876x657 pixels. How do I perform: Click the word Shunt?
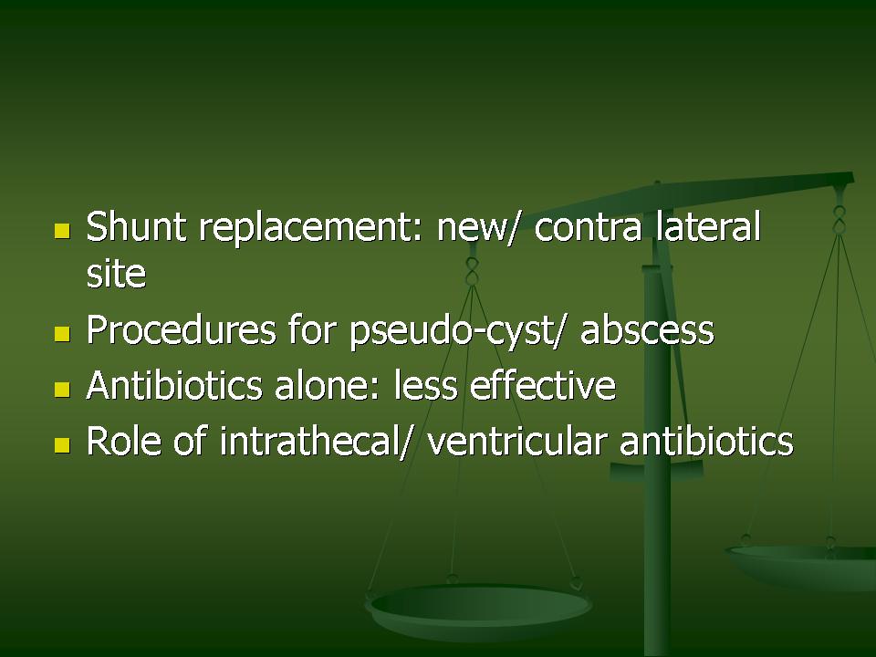click(136, 226)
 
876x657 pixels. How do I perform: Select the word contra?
click(588, 228)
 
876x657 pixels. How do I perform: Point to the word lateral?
click(708, 226)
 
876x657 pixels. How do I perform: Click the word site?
click(116, 273)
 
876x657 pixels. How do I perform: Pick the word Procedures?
click(182, 329)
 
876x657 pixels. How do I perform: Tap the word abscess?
click(647, 329)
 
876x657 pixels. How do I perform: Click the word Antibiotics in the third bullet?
click(174, 385)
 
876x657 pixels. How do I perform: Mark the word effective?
click(542, 385)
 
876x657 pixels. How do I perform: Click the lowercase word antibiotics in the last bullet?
click(706, 441)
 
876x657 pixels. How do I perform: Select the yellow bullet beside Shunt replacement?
click(62, 231)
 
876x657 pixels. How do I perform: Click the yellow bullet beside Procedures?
click(62, 334)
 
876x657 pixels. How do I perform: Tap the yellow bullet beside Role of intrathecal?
click(62, 445)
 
